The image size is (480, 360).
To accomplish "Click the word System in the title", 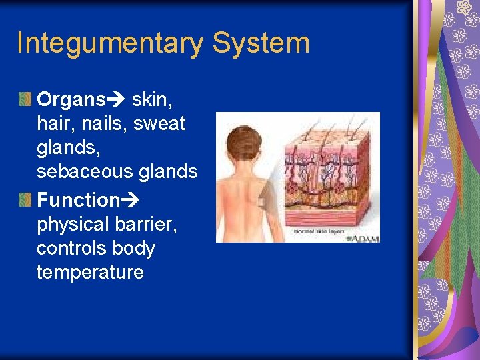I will coord(261,43).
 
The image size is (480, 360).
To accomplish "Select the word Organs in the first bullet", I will coord(71,100).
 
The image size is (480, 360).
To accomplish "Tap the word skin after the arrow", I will coord(152,100).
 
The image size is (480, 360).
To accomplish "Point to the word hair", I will coord(53,124).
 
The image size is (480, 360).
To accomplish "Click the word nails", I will coord(104,124).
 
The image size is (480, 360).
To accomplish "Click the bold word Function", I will coord(78,200).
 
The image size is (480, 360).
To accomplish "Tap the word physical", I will coord(73,225).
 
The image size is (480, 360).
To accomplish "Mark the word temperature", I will coord(90,272).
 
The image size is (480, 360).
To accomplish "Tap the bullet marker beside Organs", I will coord(25,100).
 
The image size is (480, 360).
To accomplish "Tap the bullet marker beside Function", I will coord(25,199).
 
